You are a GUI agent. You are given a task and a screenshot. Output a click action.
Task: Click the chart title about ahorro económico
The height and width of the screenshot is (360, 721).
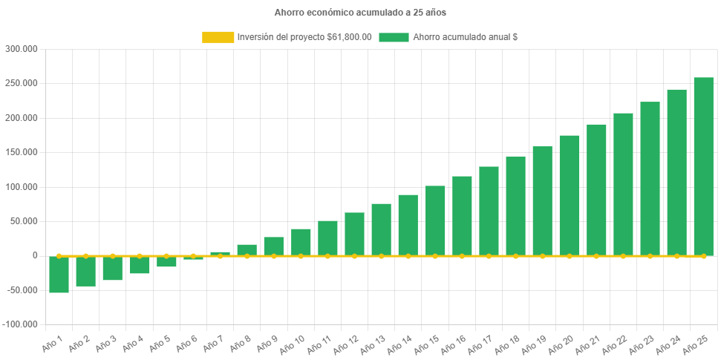360,13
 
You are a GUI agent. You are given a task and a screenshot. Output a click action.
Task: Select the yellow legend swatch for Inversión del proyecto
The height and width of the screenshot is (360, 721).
218,37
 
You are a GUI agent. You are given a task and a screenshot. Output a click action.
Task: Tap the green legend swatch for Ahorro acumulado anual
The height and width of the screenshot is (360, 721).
394,37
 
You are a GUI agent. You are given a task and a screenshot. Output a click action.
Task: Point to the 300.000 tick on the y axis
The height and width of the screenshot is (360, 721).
21,49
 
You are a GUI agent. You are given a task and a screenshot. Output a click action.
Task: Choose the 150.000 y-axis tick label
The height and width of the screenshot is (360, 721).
21,152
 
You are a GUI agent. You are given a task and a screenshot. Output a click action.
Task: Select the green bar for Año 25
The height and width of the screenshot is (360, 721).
703,166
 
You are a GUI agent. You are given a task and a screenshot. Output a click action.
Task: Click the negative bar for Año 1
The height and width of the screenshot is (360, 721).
59,275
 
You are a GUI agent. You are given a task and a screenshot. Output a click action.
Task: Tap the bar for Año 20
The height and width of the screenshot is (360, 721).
569,195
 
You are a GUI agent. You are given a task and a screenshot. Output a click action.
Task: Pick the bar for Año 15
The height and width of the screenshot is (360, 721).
435,220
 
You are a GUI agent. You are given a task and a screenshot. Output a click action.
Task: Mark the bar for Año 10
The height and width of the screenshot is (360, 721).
301,242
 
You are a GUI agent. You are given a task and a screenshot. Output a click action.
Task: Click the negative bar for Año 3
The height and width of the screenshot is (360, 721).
113,268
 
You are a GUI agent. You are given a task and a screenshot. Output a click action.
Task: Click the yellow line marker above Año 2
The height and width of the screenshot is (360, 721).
86,256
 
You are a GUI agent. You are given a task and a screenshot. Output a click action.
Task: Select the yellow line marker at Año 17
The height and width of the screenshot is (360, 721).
489,256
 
